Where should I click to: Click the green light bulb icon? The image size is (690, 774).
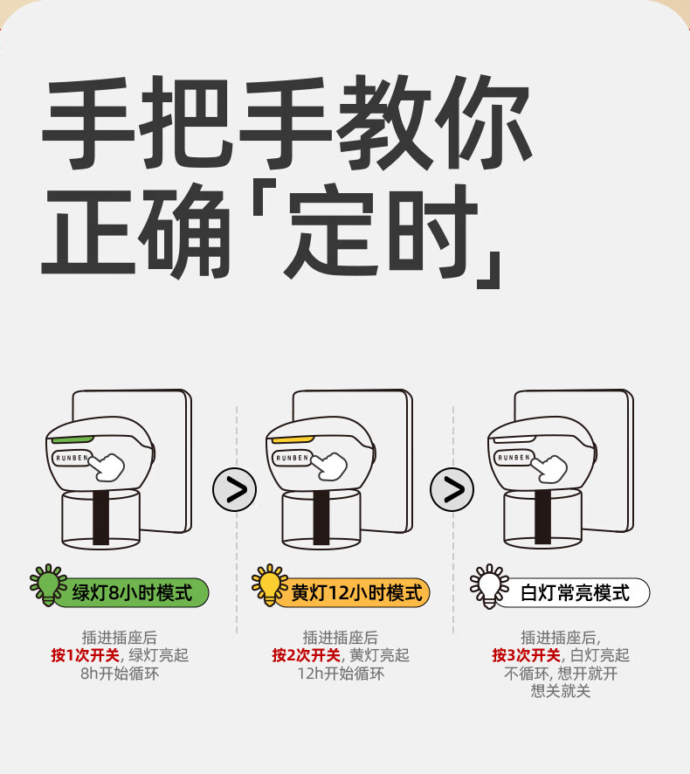(x=47, y=584)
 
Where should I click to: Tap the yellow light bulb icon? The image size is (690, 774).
(x=269, y=584)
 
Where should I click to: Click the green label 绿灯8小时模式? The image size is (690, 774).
(x=131, y=593)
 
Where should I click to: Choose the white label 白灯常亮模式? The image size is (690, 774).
(x=575, y=593)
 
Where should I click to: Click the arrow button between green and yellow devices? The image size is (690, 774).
(x=235, y=489)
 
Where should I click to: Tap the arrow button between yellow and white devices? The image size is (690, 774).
(x=452, y=489)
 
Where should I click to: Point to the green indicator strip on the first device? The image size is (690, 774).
(x=72, y=439)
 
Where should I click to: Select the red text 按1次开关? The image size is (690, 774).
(x=87, y=655)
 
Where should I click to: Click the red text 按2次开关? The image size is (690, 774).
(x=308, y=655)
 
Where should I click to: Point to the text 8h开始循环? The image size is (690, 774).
(x=119, y=674)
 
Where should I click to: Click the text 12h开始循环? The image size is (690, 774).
(x=341, y=674)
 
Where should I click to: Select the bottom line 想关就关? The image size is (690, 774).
(x=561, y=691)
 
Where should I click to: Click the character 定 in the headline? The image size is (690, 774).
(x=335, y=229)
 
